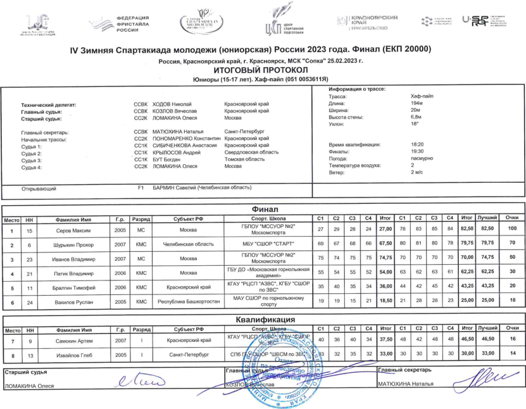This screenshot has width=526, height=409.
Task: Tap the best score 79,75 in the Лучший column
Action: [x=487, y=243]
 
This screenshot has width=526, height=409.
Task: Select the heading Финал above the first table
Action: [x=264, y=210]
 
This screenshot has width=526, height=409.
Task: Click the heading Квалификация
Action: [x=264, y=320]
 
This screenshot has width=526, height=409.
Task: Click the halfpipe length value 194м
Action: [x=417, y=103]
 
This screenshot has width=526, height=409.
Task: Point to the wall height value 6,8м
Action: [x=417, y=117]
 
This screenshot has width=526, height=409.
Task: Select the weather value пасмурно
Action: [x=422, y=158]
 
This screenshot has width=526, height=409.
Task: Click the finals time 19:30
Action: [x=417, y=151]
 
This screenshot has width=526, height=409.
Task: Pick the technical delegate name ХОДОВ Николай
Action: [x=175, y=104]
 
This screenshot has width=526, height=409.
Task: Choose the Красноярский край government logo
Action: [x=368, y=22]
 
